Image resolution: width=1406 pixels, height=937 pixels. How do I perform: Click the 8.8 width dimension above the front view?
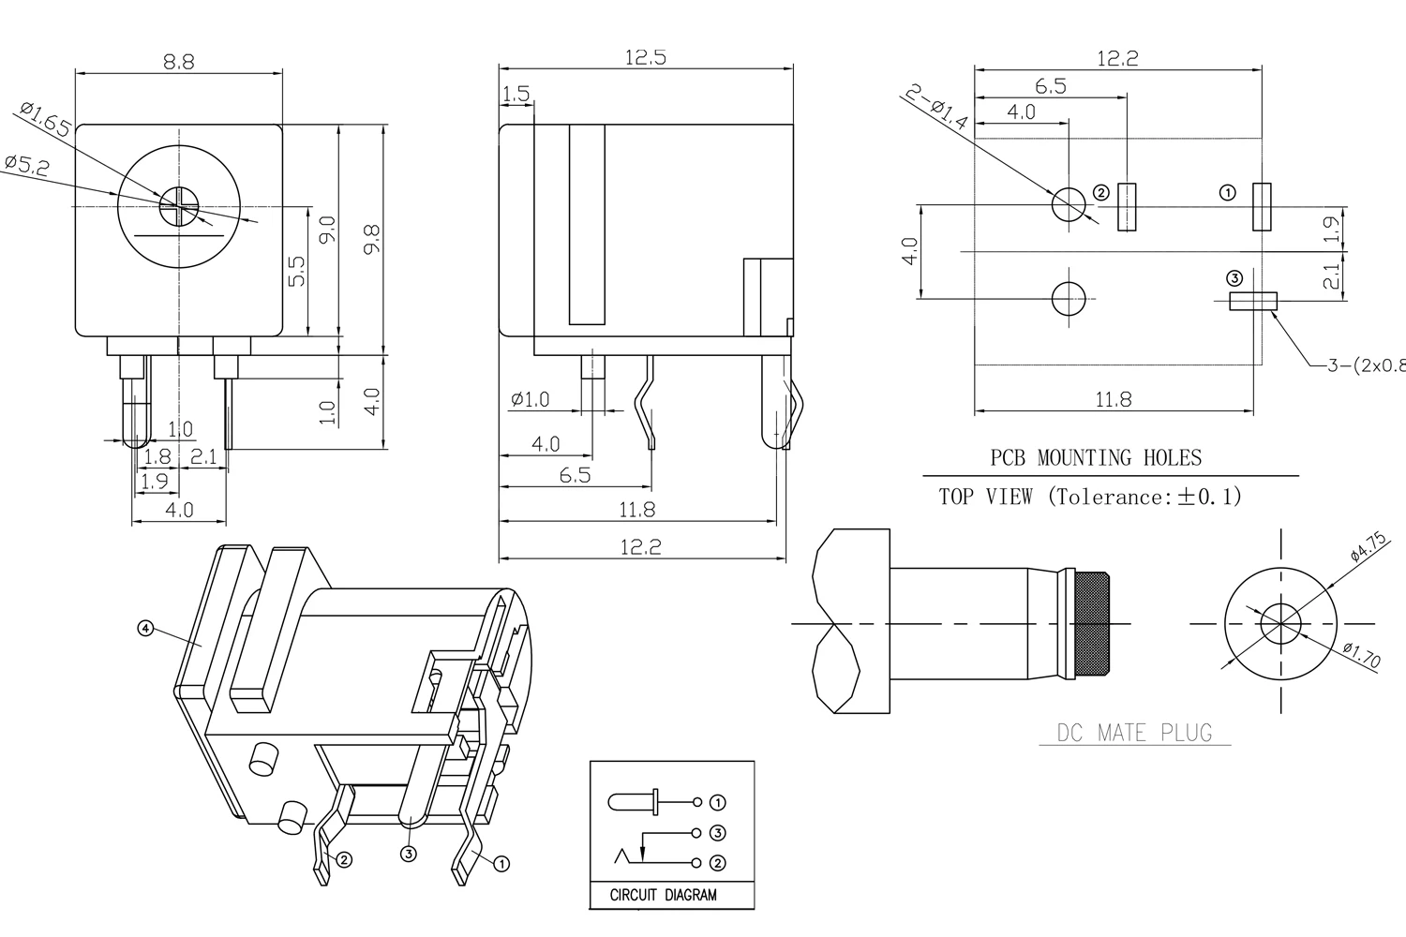pos(178,62)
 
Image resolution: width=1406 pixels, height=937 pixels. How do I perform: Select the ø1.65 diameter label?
pos(45,120)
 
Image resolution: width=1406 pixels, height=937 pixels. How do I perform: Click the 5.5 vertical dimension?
pos(296,272)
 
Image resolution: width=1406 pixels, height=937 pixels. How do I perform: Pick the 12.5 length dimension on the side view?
pos(645,58)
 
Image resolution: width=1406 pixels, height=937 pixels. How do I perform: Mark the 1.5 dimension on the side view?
pos(516,94)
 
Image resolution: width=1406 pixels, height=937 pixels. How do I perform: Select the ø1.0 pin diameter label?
pos(531,400)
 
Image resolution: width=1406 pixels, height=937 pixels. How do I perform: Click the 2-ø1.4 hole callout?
pos(937,106)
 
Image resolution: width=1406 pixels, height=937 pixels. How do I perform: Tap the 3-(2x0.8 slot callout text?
pos(1365,365)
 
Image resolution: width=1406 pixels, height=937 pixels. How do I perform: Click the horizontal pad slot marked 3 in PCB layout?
pos(1252,301)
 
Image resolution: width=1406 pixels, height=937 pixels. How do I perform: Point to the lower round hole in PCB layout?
pos(1069,300)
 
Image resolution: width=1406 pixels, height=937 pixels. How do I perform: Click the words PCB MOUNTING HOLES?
pos(1096,458)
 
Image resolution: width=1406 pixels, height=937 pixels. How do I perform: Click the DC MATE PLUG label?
pos(1134,733)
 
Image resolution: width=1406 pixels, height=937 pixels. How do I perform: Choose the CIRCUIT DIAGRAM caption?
pos(663,895)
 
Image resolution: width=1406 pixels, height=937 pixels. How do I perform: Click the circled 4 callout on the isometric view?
pos(145,629)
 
